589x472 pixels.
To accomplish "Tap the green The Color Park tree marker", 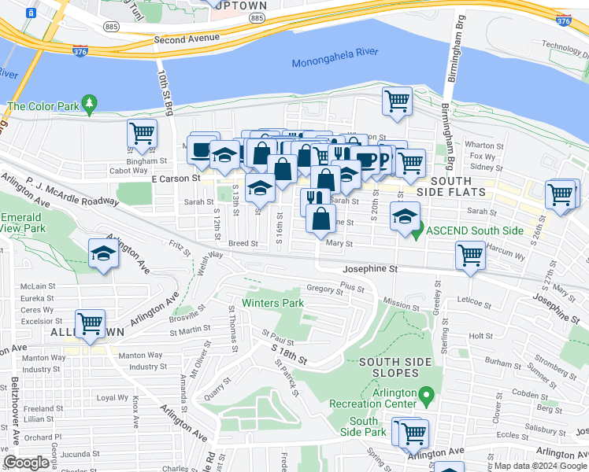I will click(x=90, y=102).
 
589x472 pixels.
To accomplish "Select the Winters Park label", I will click(x=272, y=303).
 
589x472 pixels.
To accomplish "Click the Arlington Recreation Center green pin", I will click(x=426, y=393).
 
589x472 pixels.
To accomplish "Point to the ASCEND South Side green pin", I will click(x=419, y=230).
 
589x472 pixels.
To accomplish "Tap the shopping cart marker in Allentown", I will click(x=91, y=323).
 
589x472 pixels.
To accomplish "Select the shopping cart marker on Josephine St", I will click(x=470, y=255).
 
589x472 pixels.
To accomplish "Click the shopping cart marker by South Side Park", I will click(x=412, y=432).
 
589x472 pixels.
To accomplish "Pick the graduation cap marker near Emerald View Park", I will click(x=102, y=253).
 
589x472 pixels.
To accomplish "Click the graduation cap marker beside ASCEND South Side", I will click(x=405, y=216).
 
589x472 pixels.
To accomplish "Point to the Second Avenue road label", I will click(x=187, y=38).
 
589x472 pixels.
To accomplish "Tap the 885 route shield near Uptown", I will click(x=257, y=17).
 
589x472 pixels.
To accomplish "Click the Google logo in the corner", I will click(x=27, y=463).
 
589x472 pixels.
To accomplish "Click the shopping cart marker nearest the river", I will click(x=398, y=101).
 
